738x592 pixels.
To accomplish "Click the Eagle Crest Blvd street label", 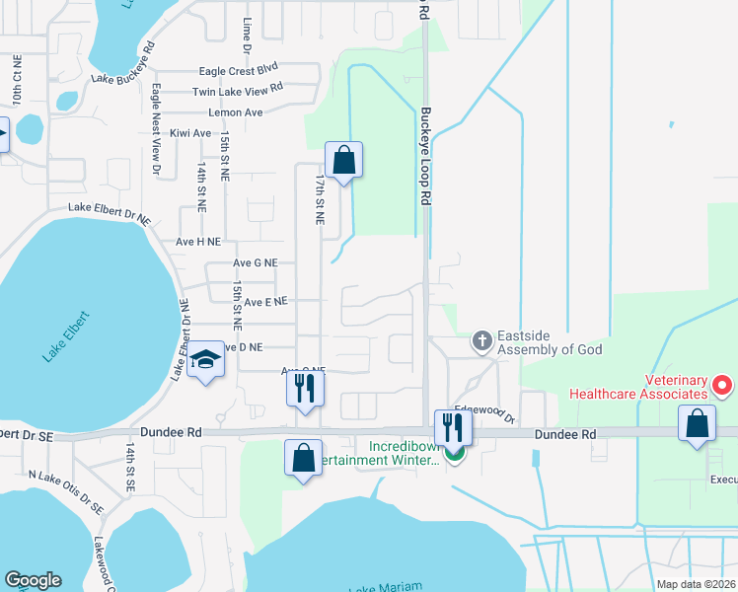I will (238, 70).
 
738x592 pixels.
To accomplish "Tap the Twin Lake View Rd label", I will (238, 91).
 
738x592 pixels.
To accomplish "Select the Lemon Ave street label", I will (236, 112).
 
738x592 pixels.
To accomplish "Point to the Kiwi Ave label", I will (190, 133).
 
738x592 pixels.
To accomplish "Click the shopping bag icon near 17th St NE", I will (343, 160).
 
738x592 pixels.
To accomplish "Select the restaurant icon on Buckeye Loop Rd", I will (454, 427).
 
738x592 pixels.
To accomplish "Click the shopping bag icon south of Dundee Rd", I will (303, 459).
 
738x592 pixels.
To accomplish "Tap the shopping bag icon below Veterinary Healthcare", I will (697, 424).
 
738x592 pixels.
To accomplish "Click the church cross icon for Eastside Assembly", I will (481, 341).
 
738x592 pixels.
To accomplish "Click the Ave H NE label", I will (198, 241).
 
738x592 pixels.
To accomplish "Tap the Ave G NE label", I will (256, 263).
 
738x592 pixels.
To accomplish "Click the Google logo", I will (33, 579).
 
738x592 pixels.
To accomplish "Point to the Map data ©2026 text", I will (696, 583).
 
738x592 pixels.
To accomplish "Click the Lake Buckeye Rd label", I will (123, 63).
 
